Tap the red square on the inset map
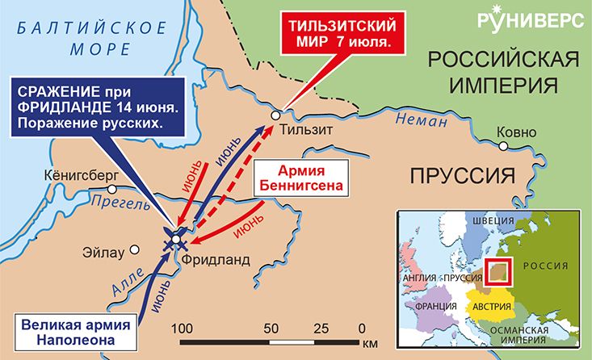(x=498, y=272)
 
